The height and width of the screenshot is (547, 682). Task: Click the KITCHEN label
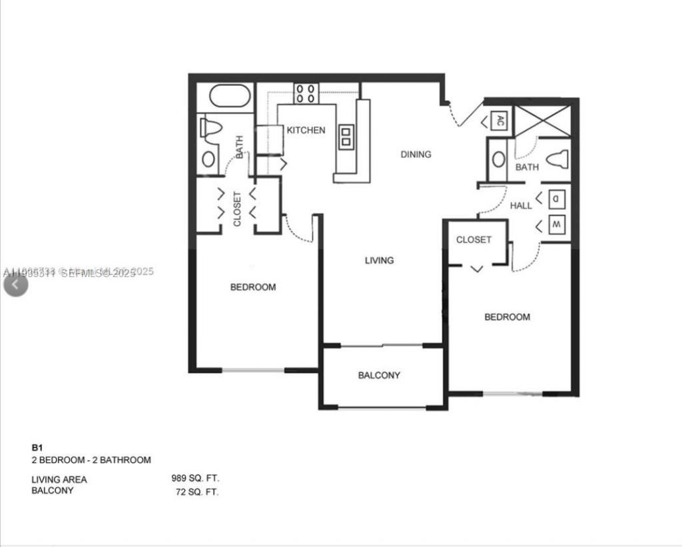point(306,130)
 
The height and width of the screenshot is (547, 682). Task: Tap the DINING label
point(416,154)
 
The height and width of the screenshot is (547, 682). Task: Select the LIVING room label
point(379,260)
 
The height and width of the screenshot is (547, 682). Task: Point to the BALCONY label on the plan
point(379,375)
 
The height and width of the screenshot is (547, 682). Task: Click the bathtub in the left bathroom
point(230,97)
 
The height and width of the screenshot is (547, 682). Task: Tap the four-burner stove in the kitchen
point(306,93)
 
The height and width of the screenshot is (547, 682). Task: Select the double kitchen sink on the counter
point(346,137)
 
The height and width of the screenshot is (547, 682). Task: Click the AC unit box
point(500,121)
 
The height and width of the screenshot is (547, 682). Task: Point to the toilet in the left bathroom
point(210,129)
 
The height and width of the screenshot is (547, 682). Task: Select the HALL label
point(521,206)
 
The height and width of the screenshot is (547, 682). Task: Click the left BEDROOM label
point(252,287)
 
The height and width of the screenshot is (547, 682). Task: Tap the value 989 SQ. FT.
point(195,478)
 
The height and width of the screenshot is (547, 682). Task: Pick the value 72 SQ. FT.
point(195,492)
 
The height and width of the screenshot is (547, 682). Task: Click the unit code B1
point(37,448)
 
